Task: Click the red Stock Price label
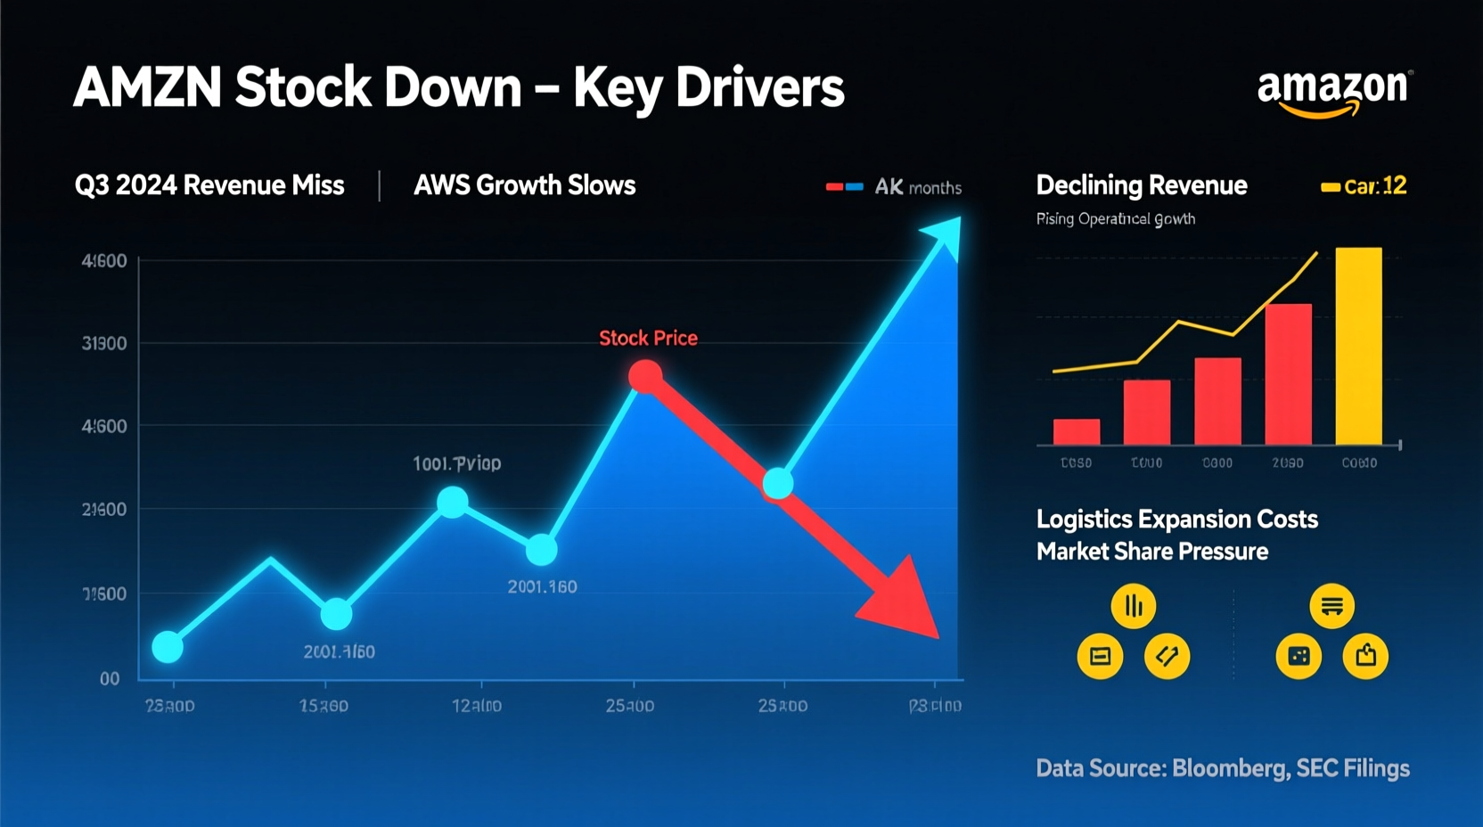click(x=648, y=339)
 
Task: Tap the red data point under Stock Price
click(x=645, y=377)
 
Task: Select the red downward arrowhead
click(x=902, y=602)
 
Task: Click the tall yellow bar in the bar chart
click(x=1358, y=346)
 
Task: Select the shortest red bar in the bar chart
click(x=1076, y=431)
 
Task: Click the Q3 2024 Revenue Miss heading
click(x=209, y=185)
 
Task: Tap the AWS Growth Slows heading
click(x=524, y=185)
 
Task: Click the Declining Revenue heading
click(x=1141, y=185)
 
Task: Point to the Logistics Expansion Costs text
click(x=1176, y=520)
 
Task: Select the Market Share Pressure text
click(x=1151, y=552)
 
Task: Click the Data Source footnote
click(x=1222, y=768)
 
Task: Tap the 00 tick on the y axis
click(x=110, y=679)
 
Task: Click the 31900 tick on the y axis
click(x=104, y=344)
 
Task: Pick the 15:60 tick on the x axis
click(x=324, y=706)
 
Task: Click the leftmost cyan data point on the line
click(x=168, y=646)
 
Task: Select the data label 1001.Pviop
click(x=456, y=463)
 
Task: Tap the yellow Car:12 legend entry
click(x=1364, y=186)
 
